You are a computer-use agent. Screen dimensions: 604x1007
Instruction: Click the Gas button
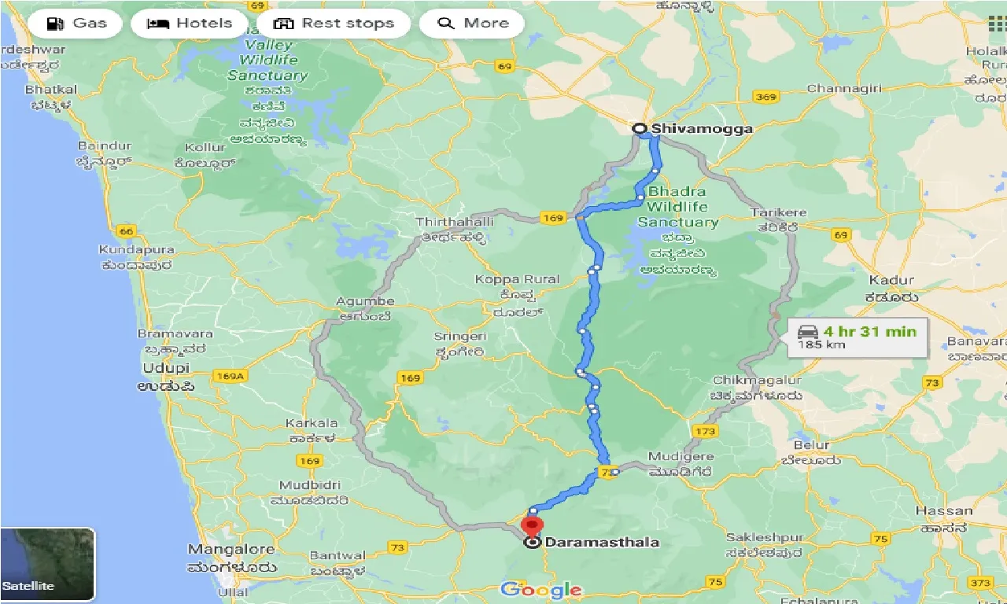pos(76,24)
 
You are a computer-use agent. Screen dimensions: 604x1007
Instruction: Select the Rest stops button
pos(334,24)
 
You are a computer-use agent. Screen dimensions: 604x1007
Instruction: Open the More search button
pos(471,24)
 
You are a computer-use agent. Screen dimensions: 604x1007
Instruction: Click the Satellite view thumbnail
pos(47,565)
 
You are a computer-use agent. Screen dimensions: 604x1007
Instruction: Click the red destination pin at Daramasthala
pos(533,525)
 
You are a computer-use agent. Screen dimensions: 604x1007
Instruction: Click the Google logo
pos(540,590)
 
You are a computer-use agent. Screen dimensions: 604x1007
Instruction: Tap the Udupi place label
pos(166,368)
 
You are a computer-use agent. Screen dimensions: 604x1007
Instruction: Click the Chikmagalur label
pos(756,380)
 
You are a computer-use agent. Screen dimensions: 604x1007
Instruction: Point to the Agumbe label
pos(364,301)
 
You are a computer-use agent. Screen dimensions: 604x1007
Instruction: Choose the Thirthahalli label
pos(455,223)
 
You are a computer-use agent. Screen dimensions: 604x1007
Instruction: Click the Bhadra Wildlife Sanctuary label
pos(677,207)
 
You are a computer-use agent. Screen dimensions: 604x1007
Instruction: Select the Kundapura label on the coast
pos(136,249)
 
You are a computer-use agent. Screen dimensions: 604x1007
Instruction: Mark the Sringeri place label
pos(460,336)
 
